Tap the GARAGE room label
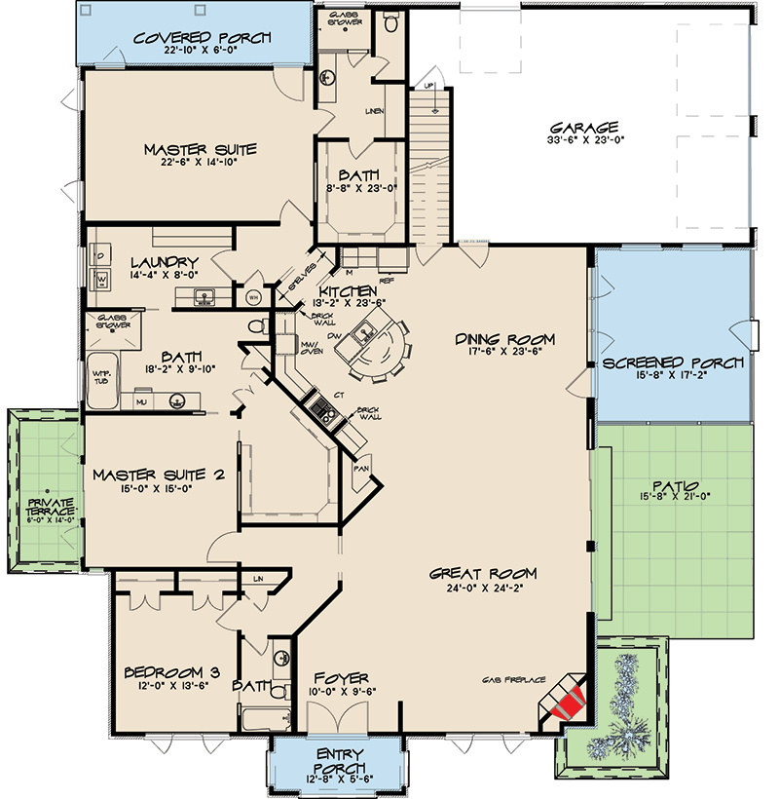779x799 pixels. pyautogui.click(x=584, y=128)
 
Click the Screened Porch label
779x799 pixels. pyautogui.click(x=673, y=362)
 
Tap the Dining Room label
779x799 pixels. pyautogui.click(x=504, y=339)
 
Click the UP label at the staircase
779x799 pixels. pyautogui.click(x=426, y=87)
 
